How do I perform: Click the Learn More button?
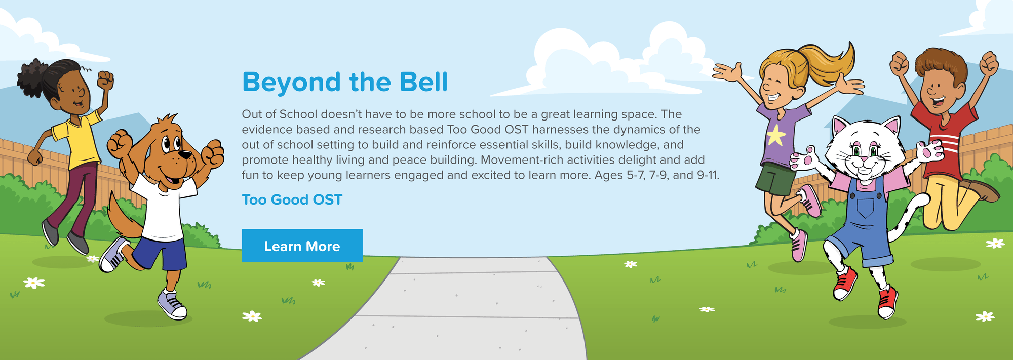(x=302, y=246)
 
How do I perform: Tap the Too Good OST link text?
(x=292, y=200)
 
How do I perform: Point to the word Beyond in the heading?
(x=291, y=83)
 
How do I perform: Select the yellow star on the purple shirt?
(x=776, y=135)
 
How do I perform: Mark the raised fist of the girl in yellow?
(x=105, y=80)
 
